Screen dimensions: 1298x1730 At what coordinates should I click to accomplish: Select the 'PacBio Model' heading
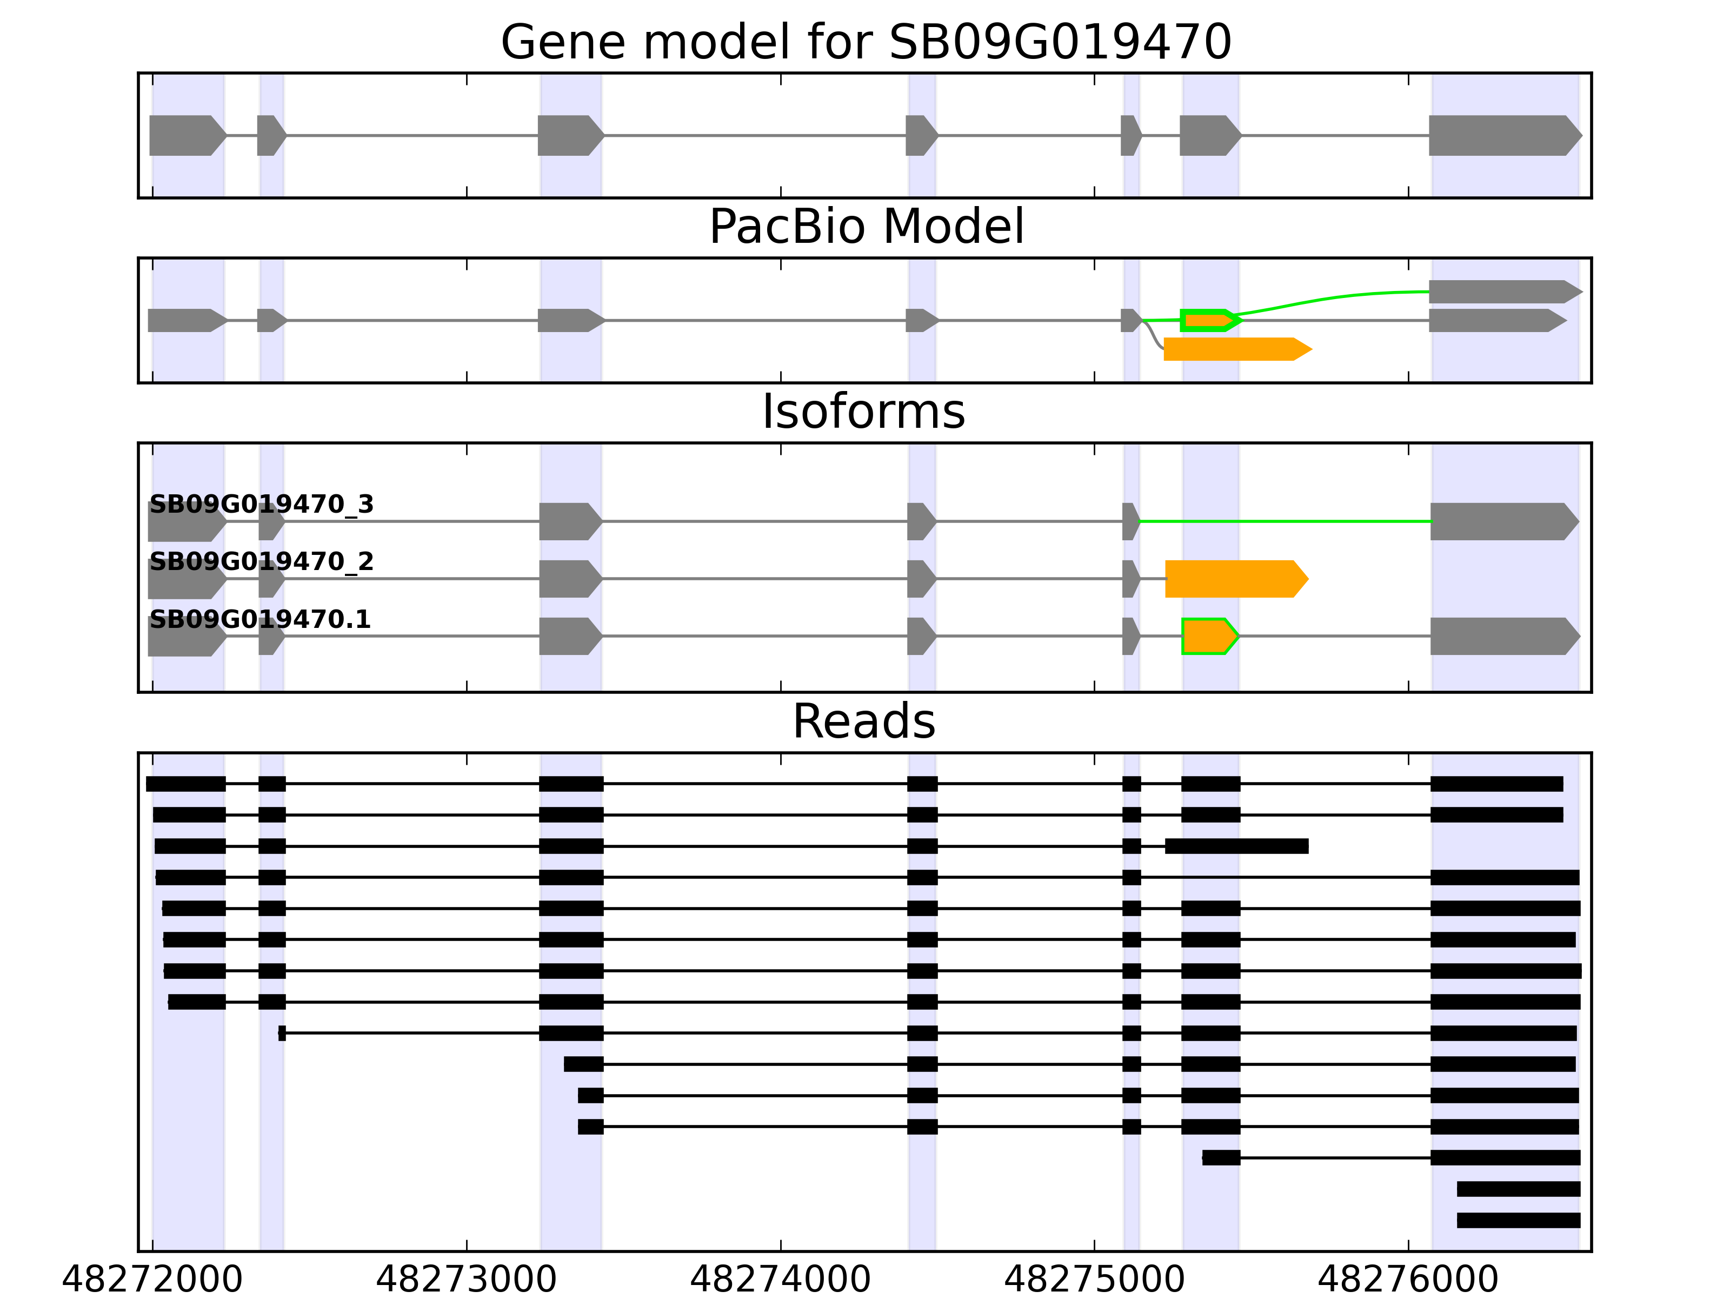(866, 227)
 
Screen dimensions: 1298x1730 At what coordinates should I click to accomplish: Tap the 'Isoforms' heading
(863, 412)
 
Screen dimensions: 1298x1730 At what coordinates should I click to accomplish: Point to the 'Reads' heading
(863, 721)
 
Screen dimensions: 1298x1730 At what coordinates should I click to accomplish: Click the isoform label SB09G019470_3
(261, 505)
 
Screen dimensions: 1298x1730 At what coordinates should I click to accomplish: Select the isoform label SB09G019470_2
(261, 562)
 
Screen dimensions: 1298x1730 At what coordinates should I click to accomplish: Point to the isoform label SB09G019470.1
(259, 620)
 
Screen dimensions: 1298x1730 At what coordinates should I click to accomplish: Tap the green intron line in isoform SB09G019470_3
(1283, 521)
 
